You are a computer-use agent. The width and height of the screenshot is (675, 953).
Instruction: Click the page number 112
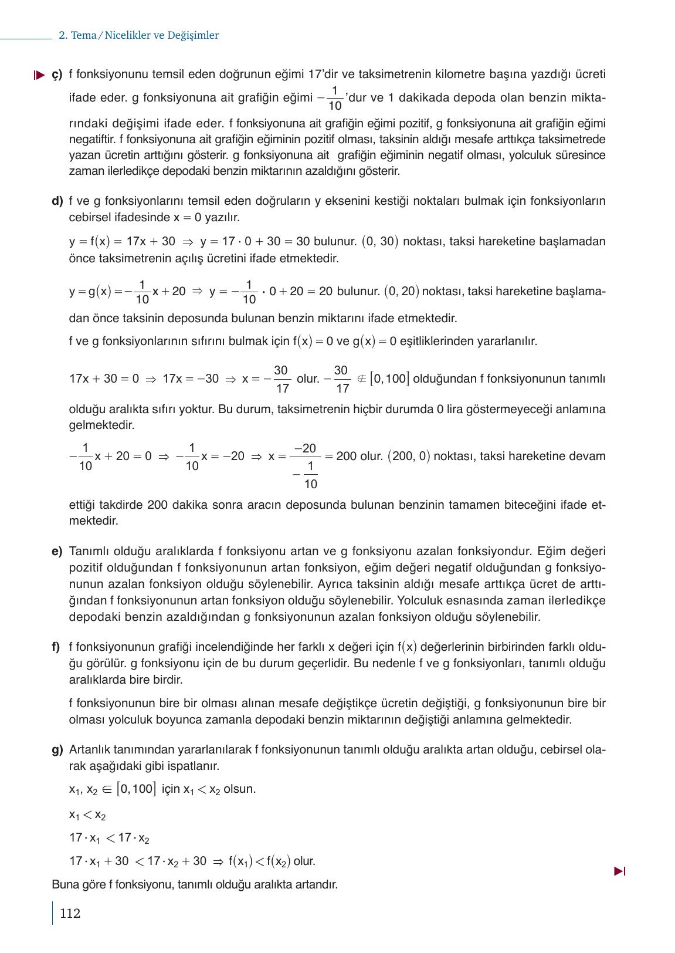coord(70,913)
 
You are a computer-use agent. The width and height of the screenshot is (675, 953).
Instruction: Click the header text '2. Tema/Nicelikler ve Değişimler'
coord(138,35)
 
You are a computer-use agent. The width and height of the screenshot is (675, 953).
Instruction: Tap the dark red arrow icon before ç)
coord(39,75)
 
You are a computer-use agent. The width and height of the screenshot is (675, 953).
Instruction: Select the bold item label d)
coord(57,201)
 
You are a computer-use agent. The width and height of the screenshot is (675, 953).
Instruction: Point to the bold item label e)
coord(57,552)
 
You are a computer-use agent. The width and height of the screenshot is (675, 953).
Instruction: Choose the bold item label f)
coord(56,647)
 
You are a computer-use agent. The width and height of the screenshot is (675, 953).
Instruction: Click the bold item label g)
coord(57,750)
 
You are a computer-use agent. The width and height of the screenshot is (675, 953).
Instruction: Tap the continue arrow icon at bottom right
coord(619,871)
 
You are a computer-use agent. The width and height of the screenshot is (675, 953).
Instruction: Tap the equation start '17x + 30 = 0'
coord(104,379)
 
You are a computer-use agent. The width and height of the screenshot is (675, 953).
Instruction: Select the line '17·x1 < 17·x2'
coord(109,839)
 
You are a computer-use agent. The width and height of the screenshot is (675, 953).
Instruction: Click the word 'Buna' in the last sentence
coord(64,884)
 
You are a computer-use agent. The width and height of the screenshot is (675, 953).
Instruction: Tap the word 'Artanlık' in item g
coord(89,750)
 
